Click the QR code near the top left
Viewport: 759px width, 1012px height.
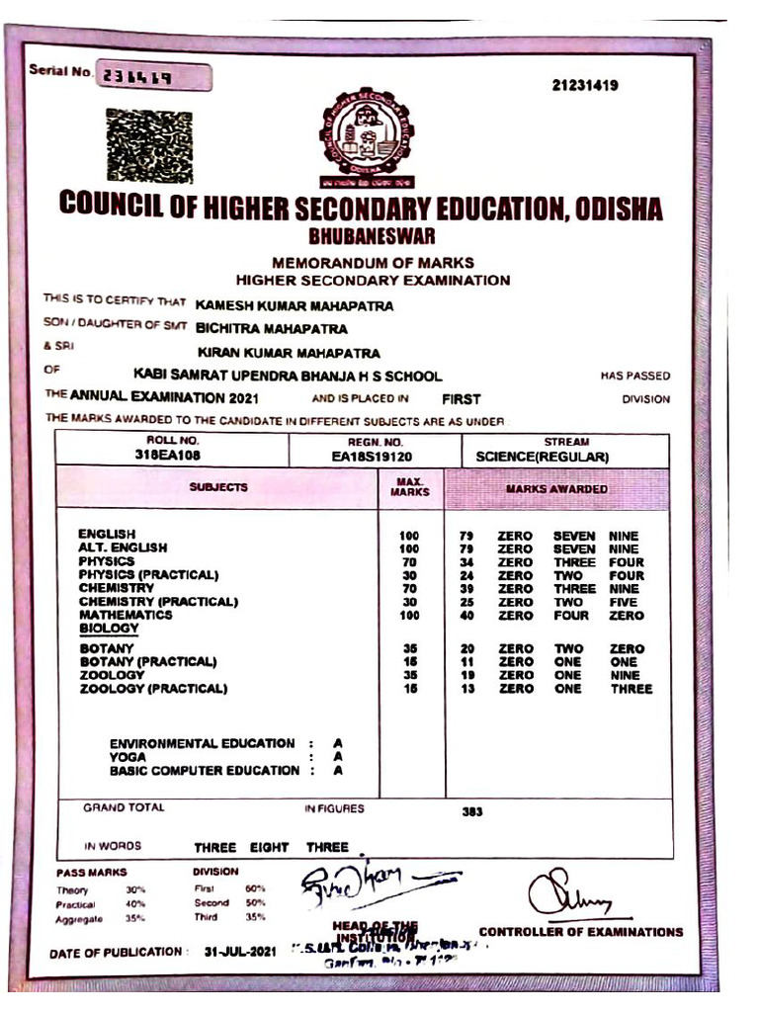tap(149, 147)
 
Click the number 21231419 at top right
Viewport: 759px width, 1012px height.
tap(585, 86)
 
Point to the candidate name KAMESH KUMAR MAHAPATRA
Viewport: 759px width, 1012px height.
tap(295, 305)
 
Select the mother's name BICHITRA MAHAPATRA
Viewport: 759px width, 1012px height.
tap(272, 328)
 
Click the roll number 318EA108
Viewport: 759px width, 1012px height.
tap(173, 456)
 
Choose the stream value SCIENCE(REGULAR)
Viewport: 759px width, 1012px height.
tap(542, 457)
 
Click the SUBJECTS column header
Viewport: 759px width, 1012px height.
tap(218, 487)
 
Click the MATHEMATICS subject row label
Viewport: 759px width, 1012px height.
tap(126, 615)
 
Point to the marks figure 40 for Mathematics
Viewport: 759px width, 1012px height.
tap(467, 616)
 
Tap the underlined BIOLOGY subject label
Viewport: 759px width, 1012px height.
tap(109, 628)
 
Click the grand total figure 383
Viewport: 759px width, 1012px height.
tap(472, 811)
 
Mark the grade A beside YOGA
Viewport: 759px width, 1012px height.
tap(338, 757)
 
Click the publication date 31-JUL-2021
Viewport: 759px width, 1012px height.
tap(238, 953)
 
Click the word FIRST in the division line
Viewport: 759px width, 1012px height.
tap(462, 399)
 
